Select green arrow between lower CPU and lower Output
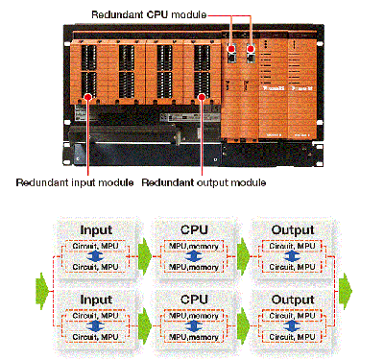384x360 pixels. [242, 324]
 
